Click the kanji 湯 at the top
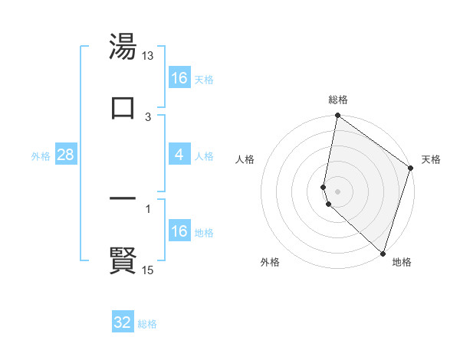tap(123, 47)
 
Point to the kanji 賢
tap(123, 260)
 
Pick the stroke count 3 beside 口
tap(148, 116)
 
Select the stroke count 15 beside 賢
tap(148, 270)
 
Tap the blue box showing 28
tap(66, 155)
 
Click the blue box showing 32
tap(123, 322)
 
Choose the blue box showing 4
tap(179, 155)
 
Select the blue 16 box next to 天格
tap(179, 78)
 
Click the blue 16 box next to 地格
tap(179, 231)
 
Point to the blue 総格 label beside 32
tap(147, 324)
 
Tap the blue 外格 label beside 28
tap(41, 156)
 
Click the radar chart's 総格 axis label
tap(338, 100)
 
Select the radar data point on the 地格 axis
tap(383, 253)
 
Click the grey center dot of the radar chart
tap(338, 191)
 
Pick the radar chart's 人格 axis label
tap(245, 159)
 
